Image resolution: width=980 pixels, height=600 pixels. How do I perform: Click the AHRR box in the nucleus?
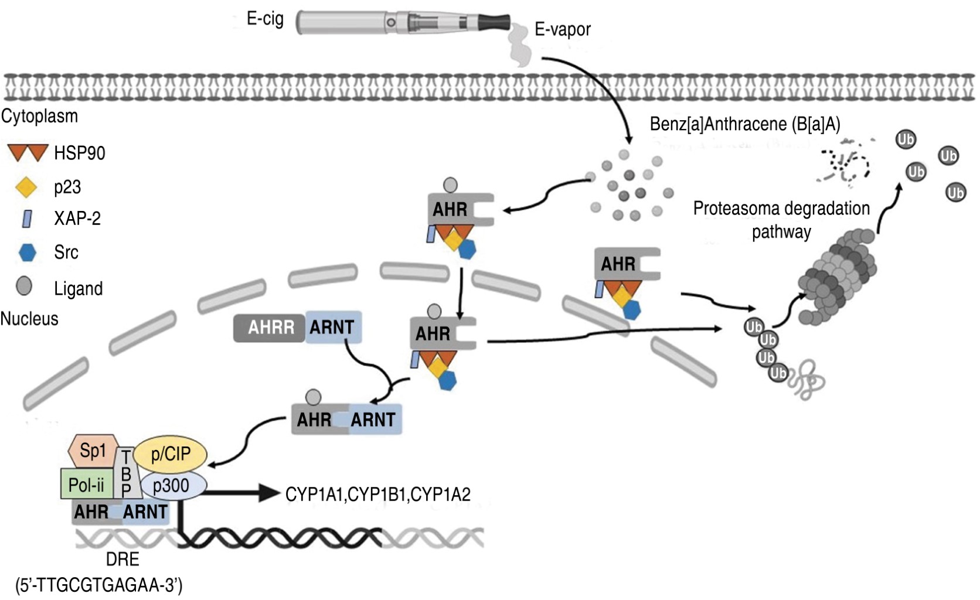pos(270,328)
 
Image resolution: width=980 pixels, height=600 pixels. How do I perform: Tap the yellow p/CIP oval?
pos(171,454)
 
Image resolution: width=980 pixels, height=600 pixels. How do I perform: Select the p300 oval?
pos(172,485)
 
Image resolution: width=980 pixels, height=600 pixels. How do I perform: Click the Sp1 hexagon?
pos(93,451)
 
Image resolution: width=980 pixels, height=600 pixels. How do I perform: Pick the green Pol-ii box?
pos(87,485)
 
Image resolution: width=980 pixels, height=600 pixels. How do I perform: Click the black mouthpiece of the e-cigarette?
pos(495,22)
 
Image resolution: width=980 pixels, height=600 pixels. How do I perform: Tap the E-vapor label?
pos(563,29)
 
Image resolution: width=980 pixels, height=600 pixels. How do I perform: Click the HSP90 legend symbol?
pos(27,153)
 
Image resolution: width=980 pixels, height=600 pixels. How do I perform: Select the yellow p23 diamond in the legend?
pos(26,187)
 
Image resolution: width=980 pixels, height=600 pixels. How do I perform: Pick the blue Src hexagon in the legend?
pos(27,253)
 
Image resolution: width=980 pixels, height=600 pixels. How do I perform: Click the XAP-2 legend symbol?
pos(27,219)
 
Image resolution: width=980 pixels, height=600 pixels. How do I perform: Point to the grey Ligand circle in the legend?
pos(24,286)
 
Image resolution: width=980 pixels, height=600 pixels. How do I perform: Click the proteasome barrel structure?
pos(838,275)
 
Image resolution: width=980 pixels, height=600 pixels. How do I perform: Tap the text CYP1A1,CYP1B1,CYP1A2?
pos(377,495)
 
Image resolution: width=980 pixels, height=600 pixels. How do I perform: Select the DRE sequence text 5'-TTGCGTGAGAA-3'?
pos(98,585)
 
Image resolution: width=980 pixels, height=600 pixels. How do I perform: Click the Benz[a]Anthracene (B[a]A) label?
pos(744,124)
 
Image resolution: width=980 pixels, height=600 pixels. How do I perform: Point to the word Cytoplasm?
pos(39,116)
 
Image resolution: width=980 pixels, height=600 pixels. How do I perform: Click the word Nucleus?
pos(29,319)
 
